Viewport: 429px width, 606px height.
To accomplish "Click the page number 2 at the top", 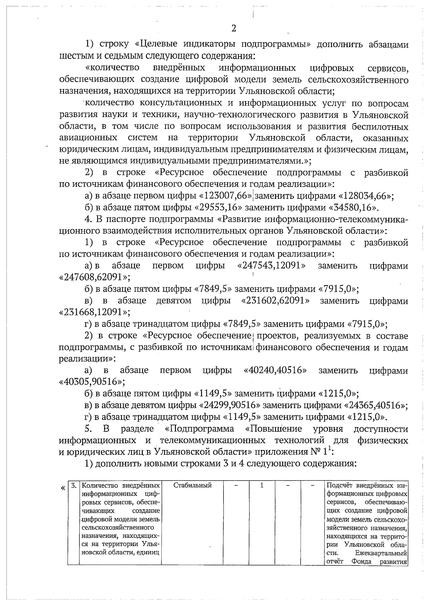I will click(234, 28).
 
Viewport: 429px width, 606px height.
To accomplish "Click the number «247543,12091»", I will click(271, 266).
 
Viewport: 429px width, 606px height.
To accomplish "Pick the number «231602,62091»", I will click(276, 301).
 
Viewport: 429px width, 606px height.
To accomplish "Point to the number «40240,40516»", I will click(275, 370).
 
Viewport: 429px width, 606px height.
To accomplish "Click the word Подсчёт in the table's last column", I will click(340, 486).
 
